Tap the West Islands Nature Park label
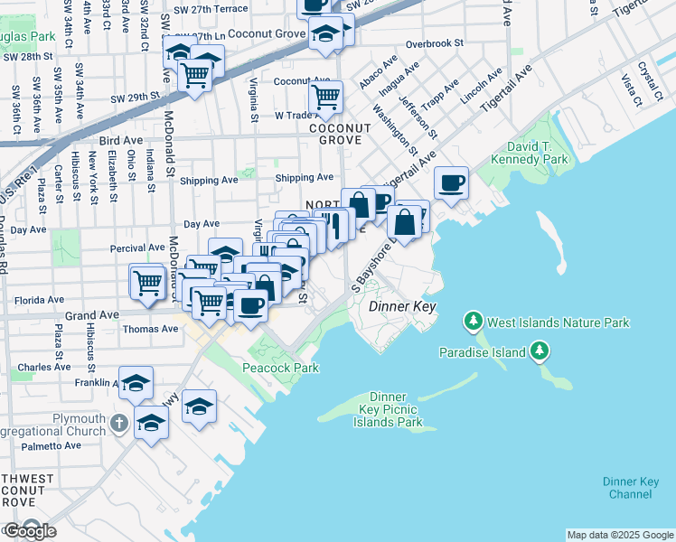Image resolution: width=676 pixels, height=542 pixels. pos(558,322)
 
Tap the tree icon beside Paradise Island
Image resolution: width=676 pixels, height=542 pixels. pos(540,350)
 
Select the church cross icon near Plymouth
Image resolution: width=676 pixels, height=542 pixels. pos(118,423)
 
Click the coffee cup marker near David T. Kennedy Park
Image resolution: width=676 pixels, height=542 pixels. pos(451,183)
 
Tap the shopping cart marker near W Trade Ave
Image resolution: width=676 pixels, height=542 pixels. pos(325,95)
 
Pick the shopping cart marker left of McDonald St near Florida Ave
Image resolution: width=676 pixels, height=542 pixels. pos(146,282)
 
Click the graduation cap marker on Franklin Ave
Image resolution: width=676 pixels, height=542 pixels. pos(136,383)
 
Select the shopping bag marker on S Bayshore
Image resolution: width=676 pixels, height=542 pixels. pos(407,220)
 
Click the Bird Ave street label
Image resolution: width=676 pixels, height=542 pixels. pos(121,141)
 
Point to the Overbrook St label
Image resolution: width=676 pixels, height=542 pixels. pos(435,42)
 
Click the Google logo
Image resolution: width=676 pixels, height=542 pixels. pos(31,531)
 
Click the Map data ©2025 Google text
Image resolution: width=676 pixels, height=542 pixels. pos(620,535)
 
